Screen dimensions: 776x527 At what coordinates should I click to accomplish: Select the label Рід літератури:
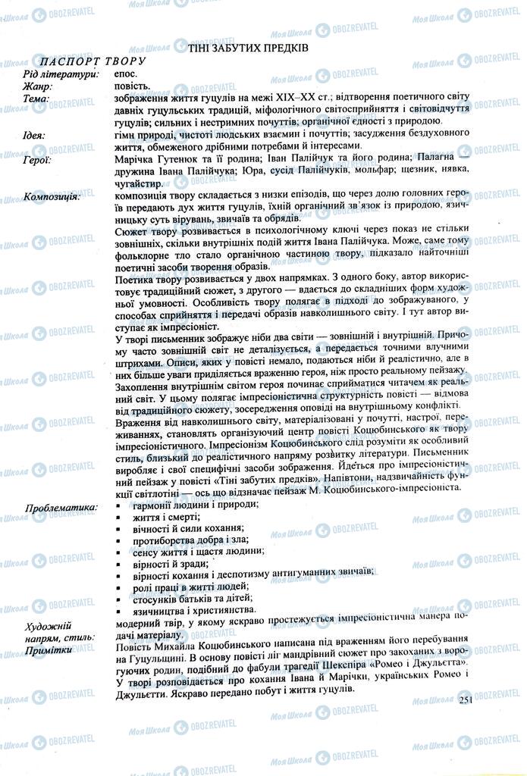[61, 74]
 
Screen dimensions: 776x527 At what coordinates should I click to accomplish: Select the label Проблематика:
[61, 506]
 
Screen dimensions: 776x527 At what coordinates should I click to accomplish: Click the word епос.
[126, 74]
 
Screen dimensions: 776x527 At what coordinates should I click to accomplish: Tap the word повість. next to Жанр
[132, 86]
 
